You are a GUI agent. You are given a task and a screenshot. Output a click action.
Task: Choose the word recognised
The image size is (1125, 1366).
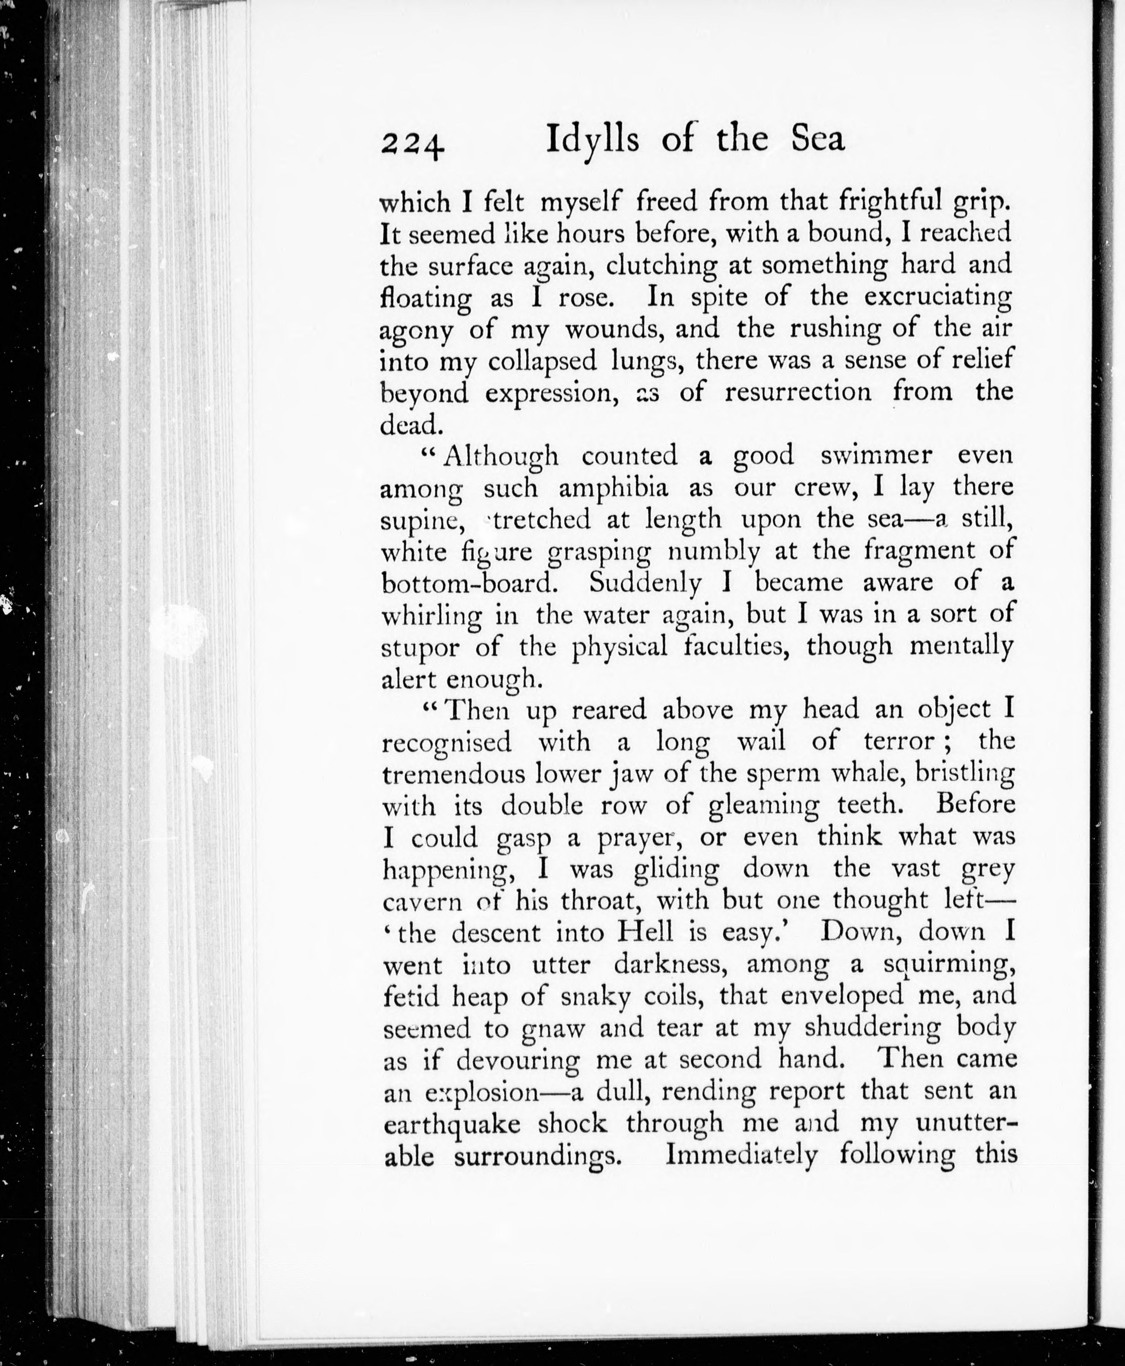click(x=447, y=742)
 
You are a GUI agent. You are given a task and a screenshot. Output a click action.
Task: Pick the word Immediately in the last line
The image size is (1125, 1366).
click(x=742, y=1155)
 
